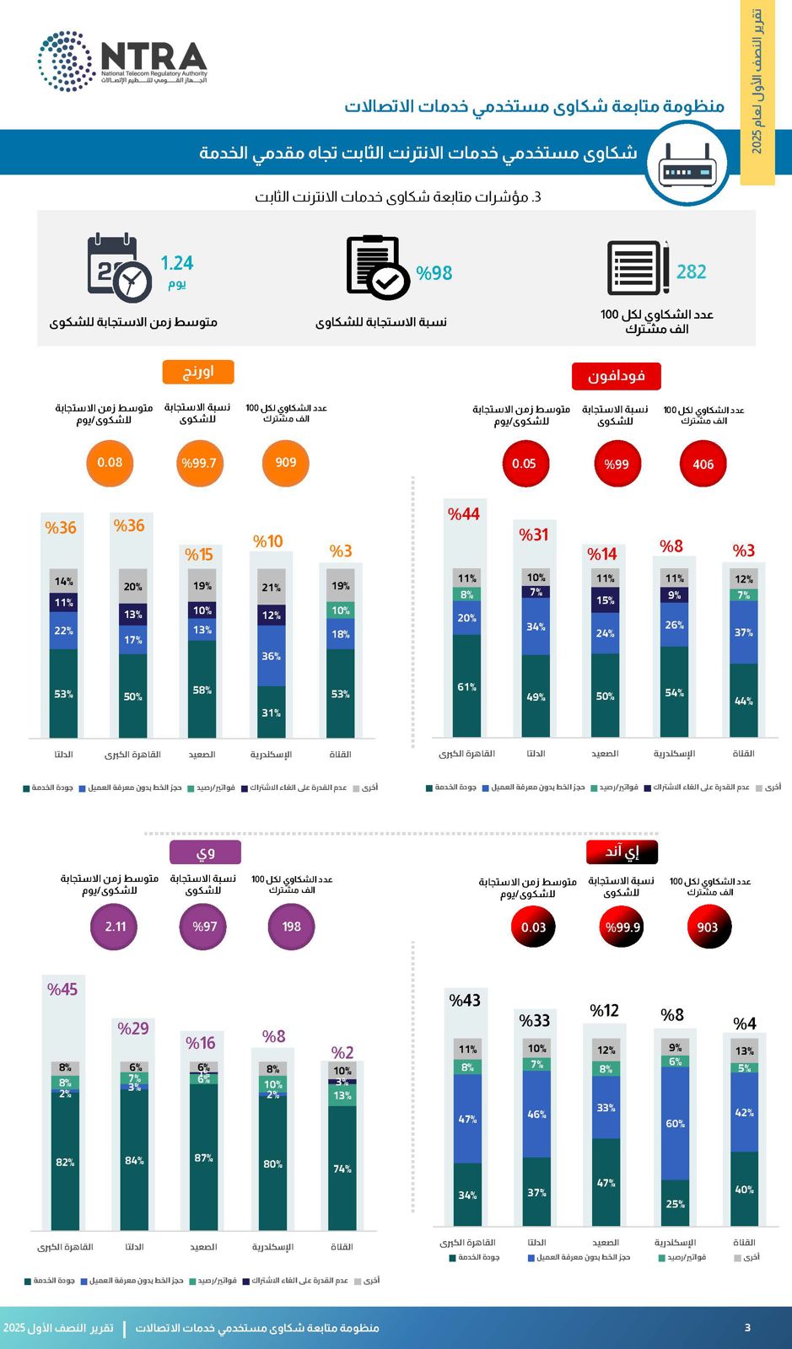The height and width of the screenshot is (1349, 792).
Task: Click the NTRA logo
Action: [x=122, y=61]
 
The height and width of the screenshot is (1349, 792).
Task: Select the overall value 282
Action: [x=691, y=271]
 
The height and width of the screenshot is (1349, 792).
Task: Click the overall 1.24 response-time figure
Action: [x=177, y=263]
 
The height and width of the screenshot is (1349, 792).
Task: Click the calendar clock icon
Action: [x=119, y=267]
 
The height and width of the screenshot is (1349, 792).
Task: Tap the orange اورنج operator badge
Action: [x=198, y=372]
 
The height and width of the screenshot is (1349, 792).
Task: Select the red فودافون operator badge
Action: [x=616, y=376]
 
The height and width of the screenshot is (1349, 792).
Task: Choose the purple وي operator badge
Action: [x=205, y=852]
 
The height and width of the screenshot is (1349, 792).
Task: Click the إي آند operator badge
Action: [x=622, y=852]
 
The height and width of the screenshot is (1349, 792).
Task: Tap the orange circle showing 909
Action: [x=285, y=463]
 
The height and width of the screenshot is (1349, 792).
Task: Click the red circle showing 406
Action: [x=703, y=464]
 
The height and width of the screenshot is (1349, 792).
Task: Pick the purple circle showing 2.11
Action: [x=116, y=927]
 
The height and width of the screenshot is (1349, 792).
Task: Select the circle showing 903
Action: [x=707, y=927]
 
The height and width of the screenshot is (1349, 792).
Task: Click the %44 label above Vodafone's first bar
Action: [x=464, y=514]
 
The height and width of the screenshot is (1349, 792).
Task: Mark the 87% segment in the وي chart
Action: [x=203, y=1158]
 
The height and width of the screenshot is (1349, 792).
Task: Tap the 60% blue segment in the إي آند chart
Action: [x=676, y=1123]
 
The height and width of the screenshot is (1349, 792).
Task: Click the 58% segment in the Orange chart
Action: [x=202, y=690]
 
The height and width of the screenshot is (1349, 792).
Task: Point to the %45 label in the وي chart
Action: [x=62, y=990]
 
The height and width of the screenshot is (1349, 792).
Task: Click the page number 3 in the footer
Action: [x=747, y=1328]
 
